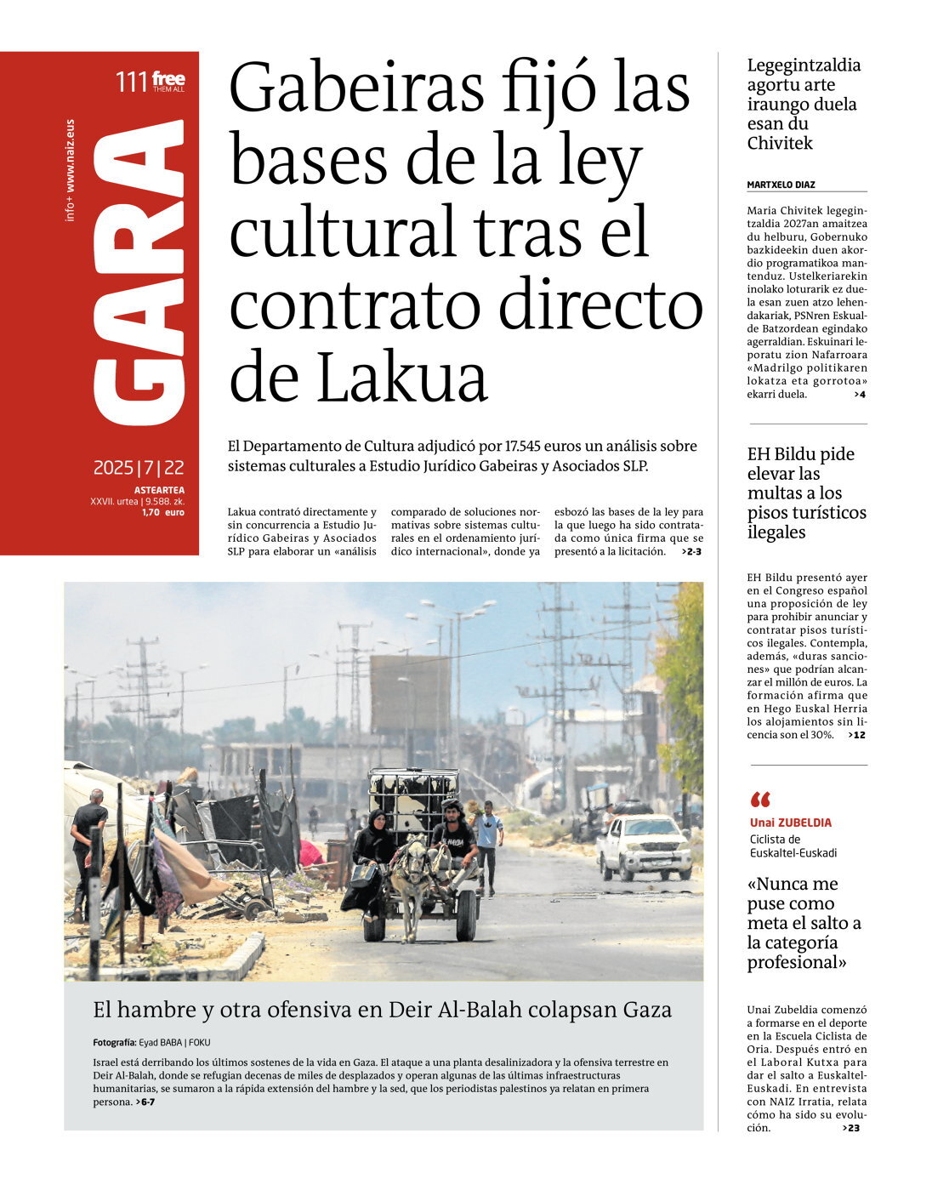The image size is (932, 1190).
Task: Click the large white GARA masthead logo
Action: (139, 272)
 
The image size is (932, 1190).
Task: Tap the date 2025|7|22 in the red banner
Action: (139, 468)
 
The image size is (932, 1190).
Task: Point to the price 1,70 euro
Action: (162, 512)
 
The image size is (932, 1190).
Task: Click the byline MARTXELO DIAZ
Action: (781, 185)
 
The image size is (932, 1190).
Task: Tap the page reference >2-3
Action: (691, 551)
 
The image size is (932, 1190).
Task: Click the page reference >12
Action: (856, 735)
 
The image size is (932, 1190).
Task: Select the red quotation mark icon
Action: (760, 800)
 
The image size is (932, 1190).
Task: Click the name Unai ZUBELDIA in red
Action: (790, 823)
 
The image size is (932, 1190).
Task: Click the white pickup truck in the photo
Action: (644, 846)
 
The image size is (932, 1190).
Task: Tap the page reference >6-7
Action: (145, 1102)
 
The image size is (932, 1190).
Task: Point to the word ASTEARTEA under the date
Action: (159, 490)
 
